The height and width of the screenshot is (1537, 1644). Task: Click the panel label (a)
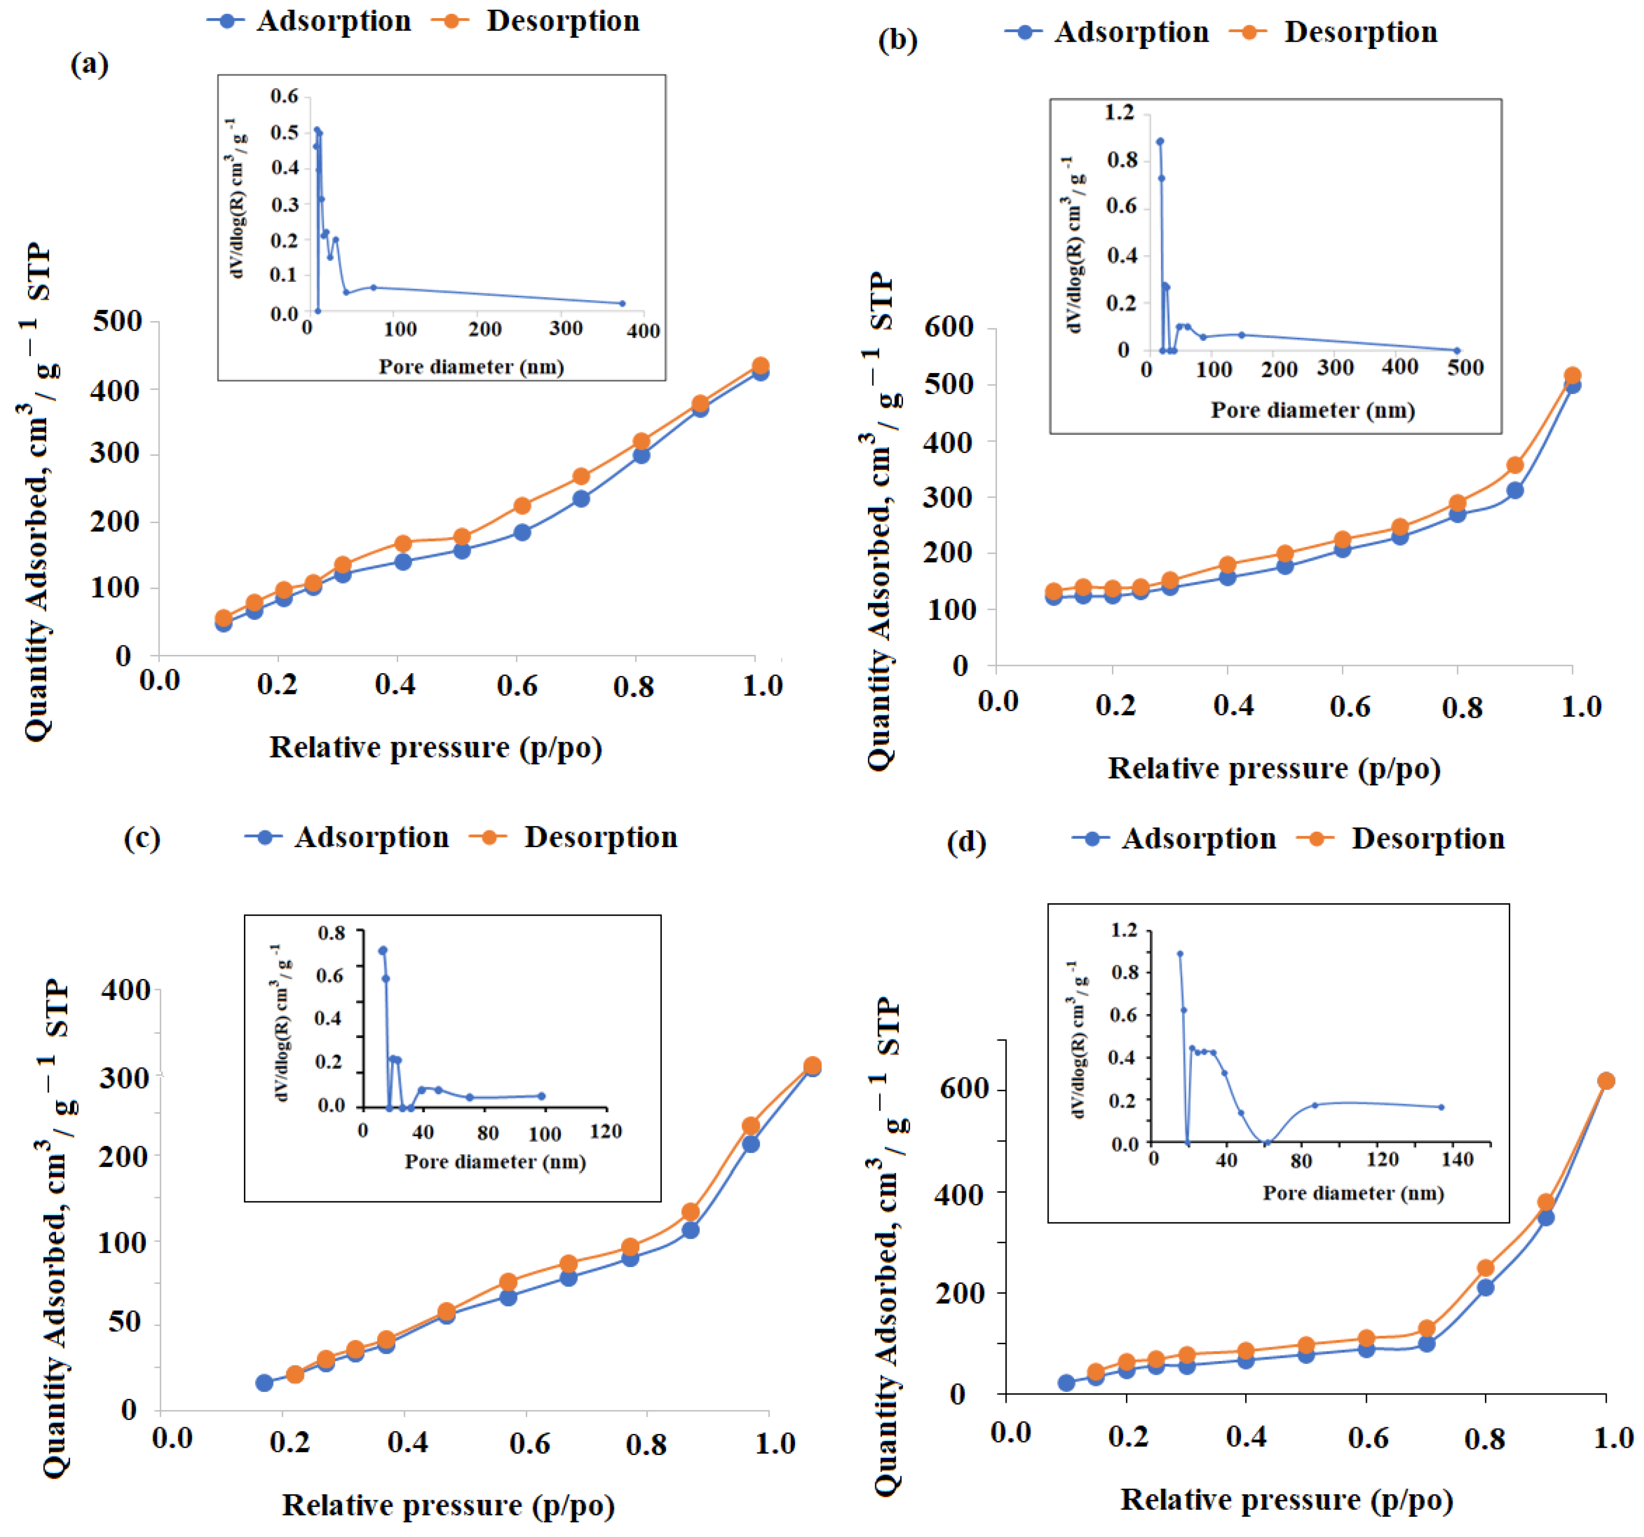coord(89,64)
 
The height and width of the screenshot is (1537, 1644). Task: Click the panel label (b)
coord(897,40)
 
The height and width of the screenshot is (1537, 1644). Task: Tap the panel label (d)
coord(966,843)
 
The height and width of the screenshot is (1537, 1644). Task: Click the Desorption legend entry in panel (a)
coord(536,21)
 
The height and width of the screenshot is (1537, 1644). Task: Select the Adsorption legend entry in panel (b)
coord(1107,32)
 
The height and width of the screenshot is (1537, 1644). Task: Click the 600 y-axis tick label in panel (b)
coord(949,327)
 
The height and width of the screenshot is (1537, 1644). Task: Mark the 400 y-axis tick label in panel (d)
coord(960,1194)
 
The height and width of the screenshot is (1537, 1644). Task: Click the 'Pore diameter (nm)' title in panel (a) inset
coord(471,366)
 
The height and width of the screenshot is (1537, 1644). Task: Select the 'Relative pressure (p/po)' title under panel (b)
coord(1274,768)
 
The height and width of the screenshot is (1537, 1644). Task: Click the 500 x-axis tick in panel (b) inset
coord(1465,367)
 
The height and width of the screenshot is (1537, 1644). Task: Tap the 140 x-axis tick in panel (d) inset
coord(1457,1160)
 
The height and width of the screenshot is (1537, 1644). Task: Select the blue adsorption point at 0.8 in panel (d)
coord(1485,1287)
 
